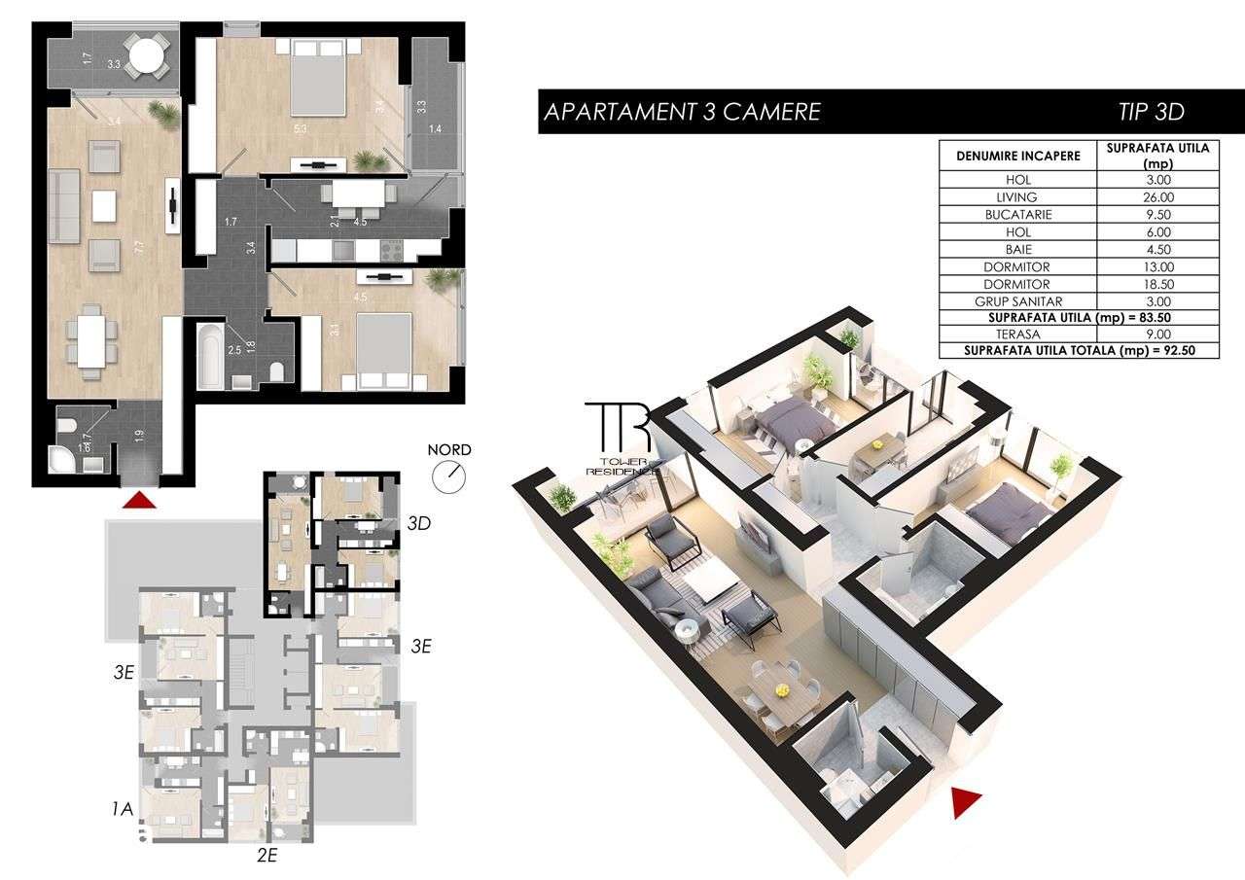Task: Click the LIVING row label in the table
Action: pyautogui.click(x=1017, y=197)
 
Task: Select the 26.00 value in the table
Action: pyautogui.click(x=1157, y=197)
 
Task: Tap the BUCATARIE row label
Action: pyautogui.click(x=1017, y=215)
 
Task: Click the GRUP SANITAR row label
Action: pyautogui.click(x=1017, y=301)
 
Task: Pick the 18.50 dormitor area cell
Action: pyautogui.click(x=1157, y=284)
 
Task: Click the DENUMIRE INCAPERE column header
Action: pyautogui.click(x=1017, y=156)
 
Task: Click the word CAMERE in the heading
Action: pyautogui.click(x=769, y=112)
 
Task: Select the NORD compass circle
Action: pyautogui.click(x=450, y=475)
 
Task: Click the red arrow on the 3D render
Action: pyautogui.click(x=965, y=800)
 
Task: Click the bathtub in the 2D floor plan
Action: pyautogui.click(x=210, y=354)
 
